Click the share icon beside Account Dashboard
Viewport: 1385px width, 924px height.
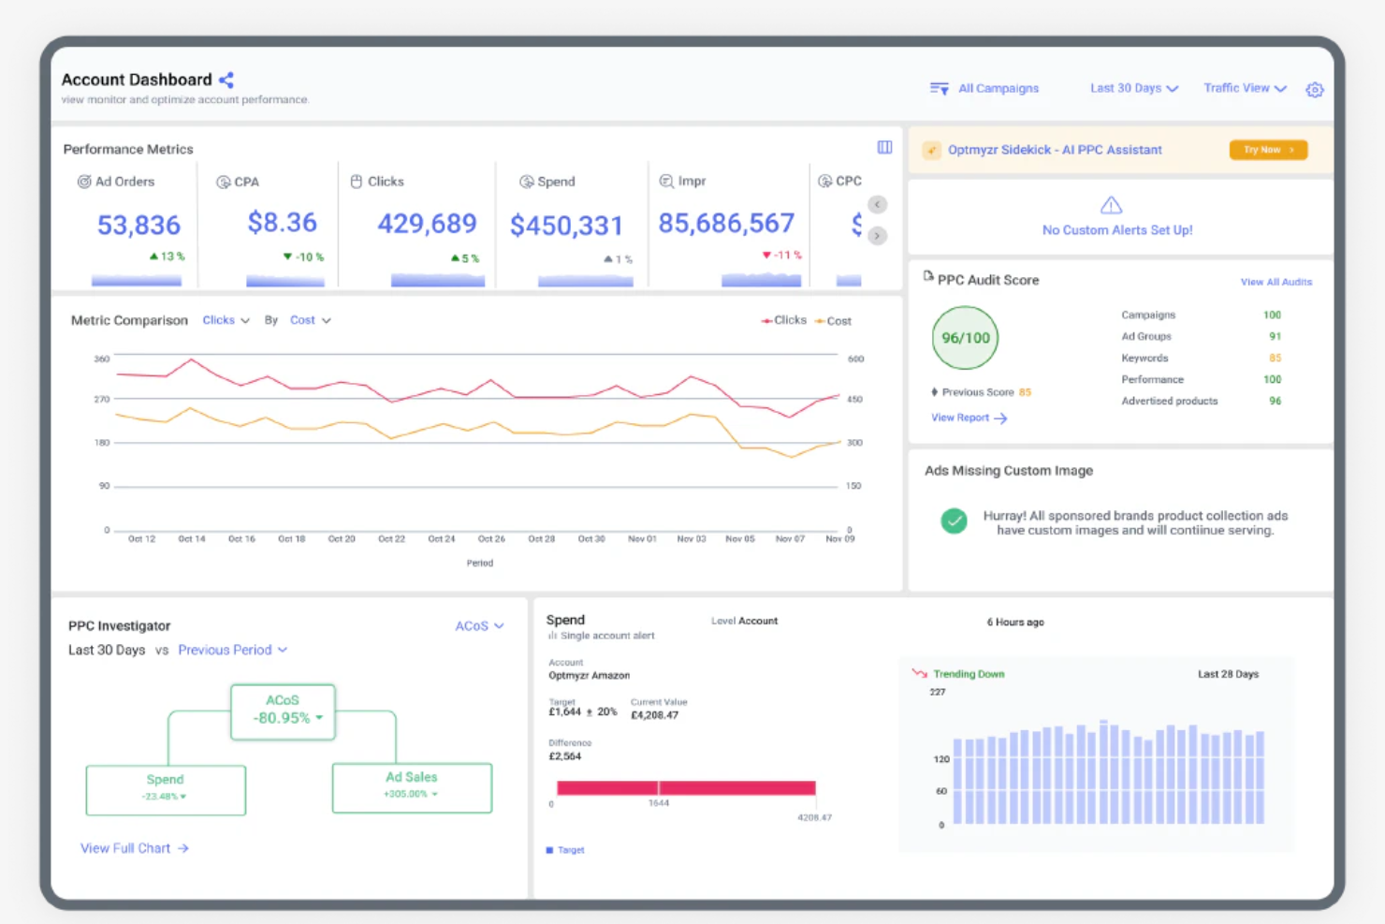point(226,81)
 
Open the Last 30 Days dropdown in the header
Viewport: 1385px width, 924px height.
point(1133,88)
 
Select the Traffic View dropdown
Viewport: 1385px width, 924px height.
point(1244,88)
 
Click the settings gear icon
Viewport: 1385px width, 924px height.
point(1315,90)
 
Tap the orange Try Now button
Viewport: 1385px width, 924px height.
point(1268,150)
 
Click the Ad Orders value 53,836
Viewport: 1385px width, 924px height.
point(138,226)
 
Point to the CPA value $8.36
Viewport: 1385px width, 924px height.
point(282,223)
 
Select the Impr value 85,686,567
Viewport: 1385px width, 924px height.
point(726,224)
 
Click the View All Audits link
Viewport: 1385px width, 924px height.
point(1276,282)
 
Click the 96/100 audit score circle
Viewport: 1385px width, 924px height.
point(965,338)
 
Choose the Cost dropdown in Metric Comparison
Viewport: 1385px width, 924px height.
point(310,320)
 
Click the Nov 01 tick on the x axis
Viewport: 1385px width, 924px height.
point(642,539)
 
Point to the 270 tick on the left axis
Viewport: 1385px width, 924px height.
point(102,400)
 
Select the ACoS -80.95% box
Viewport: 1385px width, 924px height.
point(283,711)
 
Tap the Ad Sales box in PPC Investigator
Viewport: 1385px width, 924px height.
point(412,786)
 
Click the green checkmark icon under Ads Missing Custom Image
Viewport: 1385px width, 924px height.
point(954,521)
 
